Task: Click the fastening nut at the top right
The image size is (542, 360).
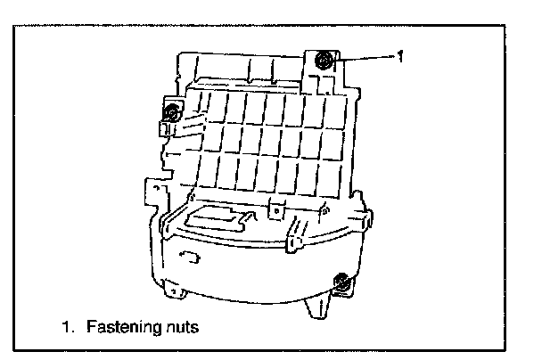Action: (324, 60)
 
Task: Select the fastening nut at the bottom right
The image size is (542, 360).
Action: (341, 282)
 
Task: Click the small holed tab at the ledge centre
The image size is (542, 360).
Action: (276, 209)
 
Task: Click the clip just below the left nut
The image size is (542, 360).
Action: (166, 130)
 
